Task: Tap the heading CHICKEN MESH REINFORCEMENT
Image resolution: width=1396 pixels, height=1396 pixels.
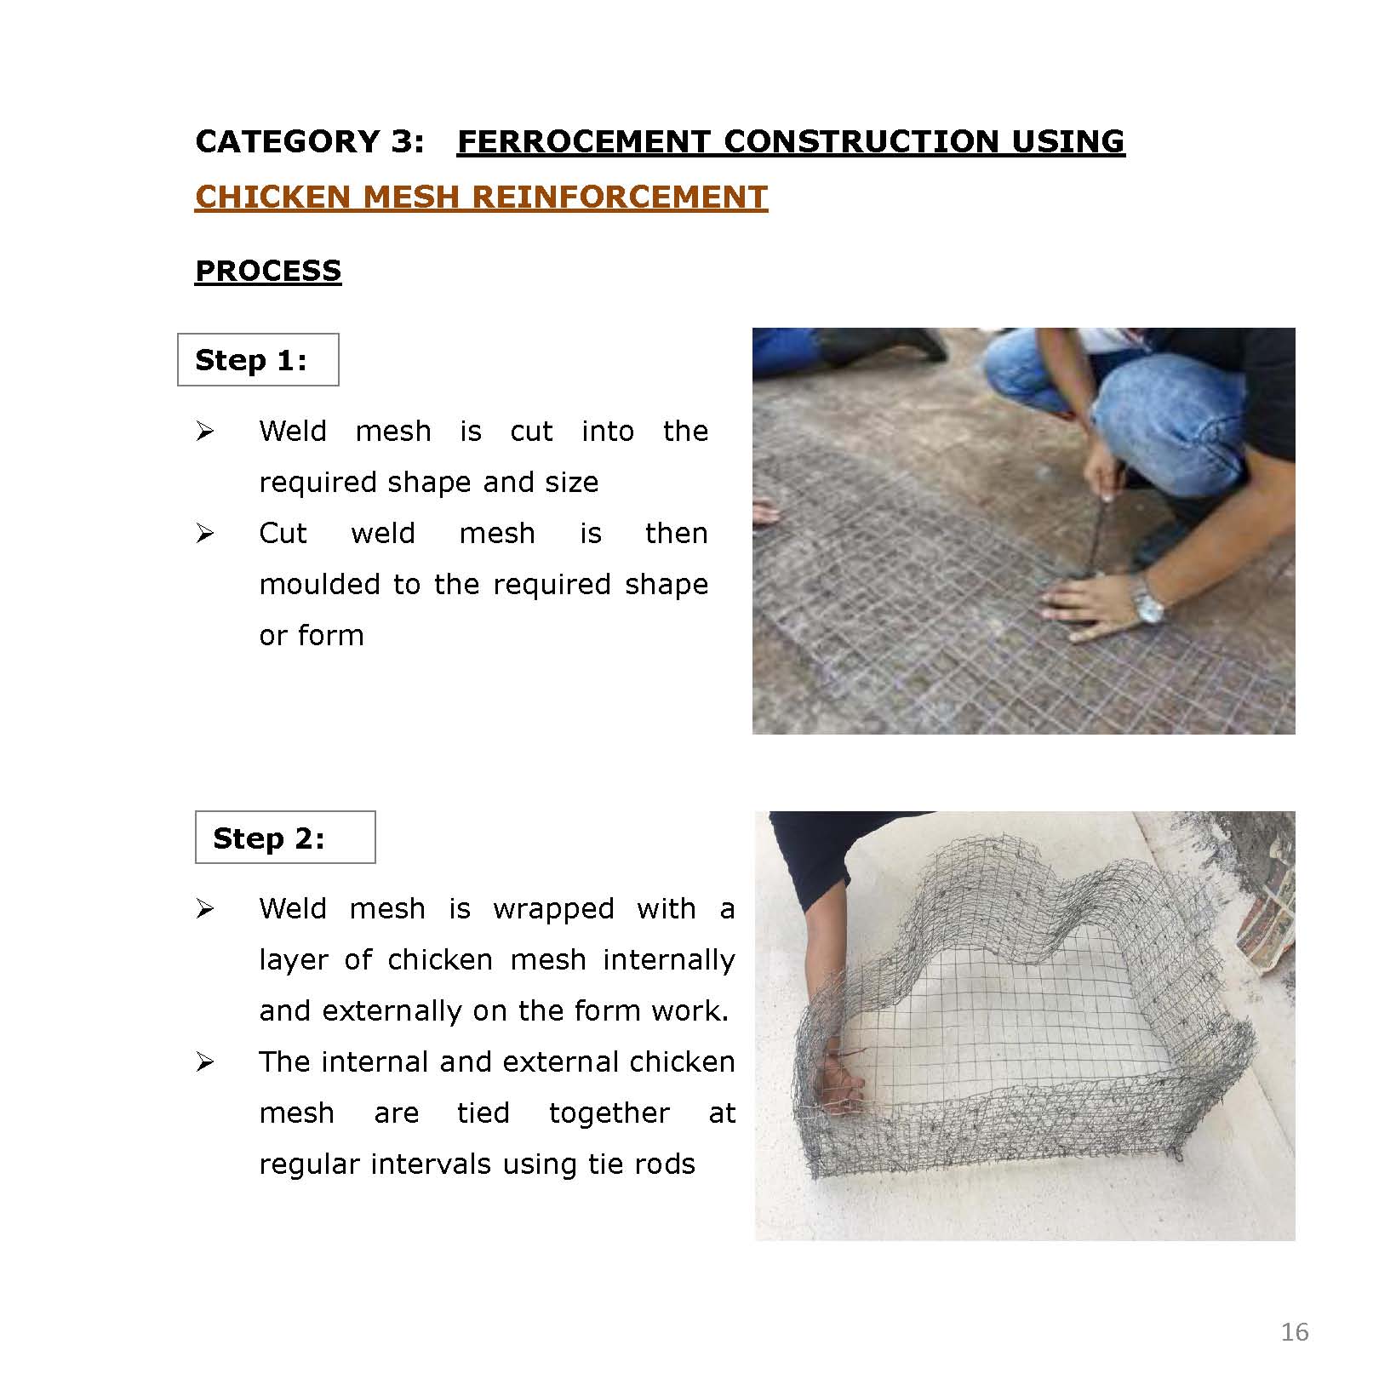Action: [481, 197]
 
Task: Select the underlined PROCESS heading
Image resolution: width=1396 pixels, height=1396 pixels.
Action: [268, 271]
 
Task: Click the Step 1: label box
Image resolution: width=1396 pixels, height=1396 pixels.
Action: [258, 360]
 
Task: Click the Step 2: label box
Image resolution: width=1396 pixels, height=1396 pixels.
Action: [285, 838]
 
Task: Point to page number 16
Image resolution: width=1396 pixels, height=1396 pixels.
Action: [1294, 1332]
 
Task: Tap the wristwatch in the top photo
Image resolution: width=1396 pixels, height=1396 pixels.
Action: [1150, 606]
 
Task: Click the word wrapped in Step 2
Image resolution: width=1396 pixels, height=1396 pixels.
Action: [553, 909]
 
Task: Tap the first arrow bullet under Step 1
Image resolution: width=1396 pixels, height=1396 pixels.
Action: [204, 432]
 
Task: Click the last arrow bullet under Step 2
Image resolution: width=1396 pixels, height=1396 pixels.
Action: [204, 1062]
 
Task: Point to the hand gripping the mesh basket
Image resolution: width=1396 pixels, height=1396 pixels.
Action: [838, 1085]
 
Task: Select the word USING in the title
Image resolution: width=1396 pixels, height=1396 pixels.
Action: [1067, 141]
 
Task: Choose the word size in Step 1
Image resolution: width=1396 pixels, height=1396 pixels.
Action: [574, 483]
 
